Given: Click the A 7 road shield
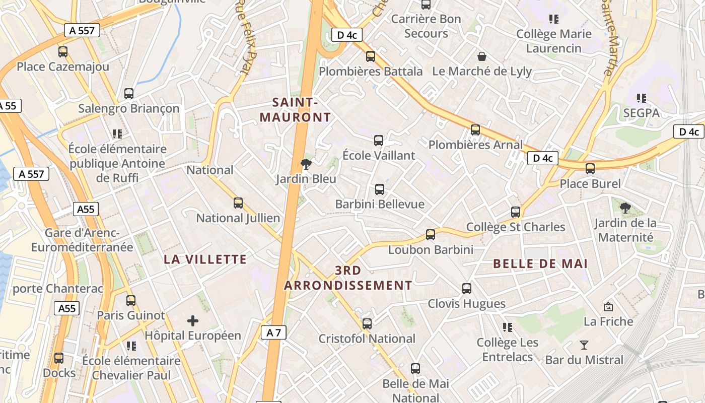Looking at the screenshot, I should pyautogui.click(x=273, y=332).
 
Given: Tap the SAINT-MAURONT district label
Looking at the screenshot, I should pyautogui.click(x=295, y=110).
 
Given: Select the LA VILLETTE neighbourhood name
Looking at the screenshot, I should pyautogui.click(x=205, y=259).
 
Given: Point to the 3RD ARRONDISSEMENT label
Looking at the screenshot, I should pyautogui.click(x=348, y=278).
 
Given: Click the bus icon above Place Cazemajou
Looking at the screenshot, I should pyautogui.click(x=63, y=51).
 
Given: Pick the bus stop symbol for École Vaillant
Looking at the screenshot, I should pyautogui.click(x=379, y=141).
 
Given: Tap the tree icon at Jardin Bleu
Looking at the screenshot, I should pyautogui.click(x=305, y=164).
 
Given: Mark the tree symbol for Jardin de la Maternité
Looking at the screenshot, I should pyautogui.click(x=625, y=208).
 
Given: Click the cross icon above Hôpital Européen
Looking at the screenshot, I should pyautogui.click(x=192, y=320).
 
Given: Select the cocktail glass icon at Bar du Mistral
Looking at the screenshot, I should pyautogui.click(x=584, y=345).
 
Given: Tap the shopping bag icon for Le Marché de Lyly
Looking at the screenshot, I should pyautogui.click(x=482, y=56).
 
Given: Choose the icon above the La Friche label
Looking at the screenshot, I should pyautogui.click(x=608, y=306).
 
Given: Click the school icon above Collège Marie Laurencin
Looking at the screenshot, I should pyautogui.click(x=554, y=19).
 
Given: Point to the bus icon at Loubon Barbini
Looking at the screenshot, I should pyautogui.click(x=431, y=234).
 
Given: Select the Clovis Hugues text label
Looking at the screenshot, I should pyautogui.click(x=466, y=304).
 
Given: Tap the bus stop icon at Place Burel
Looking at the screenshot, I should pyautogui.click(x=590, y=168).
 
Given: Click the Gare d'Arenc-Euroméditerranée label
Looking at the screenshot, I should pyautogui.click(x=82, y=240).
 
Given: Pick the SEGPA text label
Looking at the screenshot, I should pyautogui.click(x=641, y=113).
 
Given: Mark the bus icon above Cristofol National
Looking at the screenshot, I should pyautogui.click(x=367, y=323).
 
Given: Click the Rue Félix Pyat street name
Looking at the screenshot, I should pyautogui.click(x=247, y=38).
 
